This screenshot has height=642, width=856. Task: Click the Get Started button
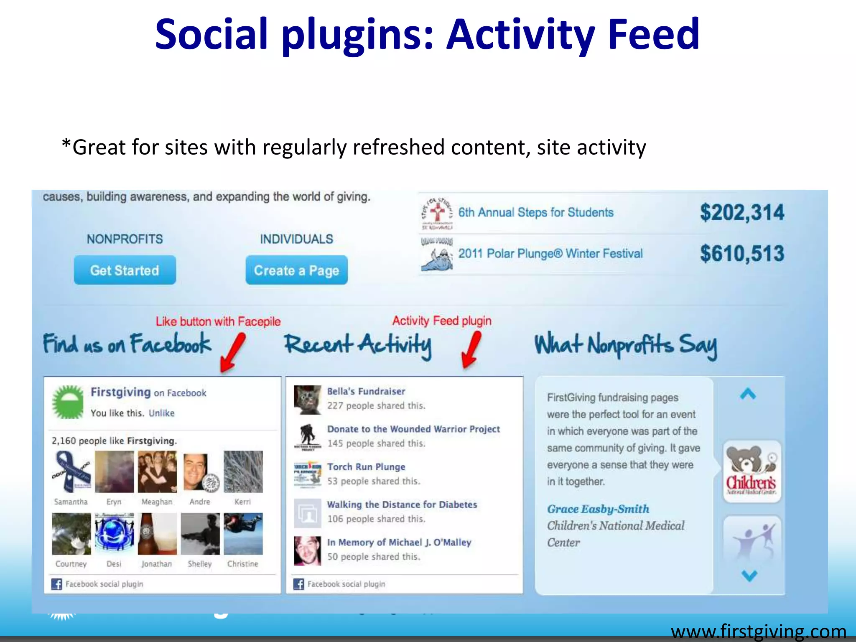coord(125,270)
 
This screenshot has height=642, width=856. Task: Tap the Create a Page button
coord(296,270)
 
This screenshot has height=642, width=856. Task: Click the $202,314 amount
coord(742,212)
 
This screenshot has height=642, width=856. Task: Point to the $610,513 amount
coord(742,253)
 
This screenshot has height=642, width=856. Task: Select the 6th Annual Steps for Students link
coord(535,212)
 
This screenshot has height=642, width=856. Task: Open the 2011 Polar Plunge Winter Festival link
coord(550,253)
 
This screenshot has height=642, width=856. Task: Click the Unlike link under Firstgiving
coord(161,413)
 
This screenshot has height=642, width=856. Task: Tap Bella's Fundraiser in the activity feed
coord(366,391)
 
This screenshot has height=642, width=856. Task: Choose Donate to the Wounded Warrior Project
coord(413,429)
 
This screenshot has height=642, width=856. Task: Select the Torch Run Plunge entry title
coord(366,467)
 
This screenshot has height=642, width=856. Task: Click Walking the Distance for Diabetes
coord(401,504)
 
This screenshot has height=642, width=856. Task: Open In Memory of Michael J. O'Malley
coord(399,542)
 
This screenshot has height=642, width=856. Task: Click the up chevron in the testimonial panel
coord(748,394)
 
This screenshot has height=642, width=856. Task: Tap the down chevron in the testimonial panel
coord(749,576)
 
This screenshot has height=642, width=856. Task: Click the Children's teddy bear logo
coord(752,471)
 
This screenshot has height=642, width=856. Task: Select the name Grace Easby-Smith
coord(598,509)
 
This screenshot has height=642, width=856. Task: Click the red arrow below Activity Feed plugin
coord(472,349)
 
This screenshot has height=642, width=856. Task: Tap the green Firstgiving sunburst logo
coord(68,402)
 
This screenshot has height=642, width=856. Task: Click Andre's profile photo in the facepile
coord(200,471)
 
